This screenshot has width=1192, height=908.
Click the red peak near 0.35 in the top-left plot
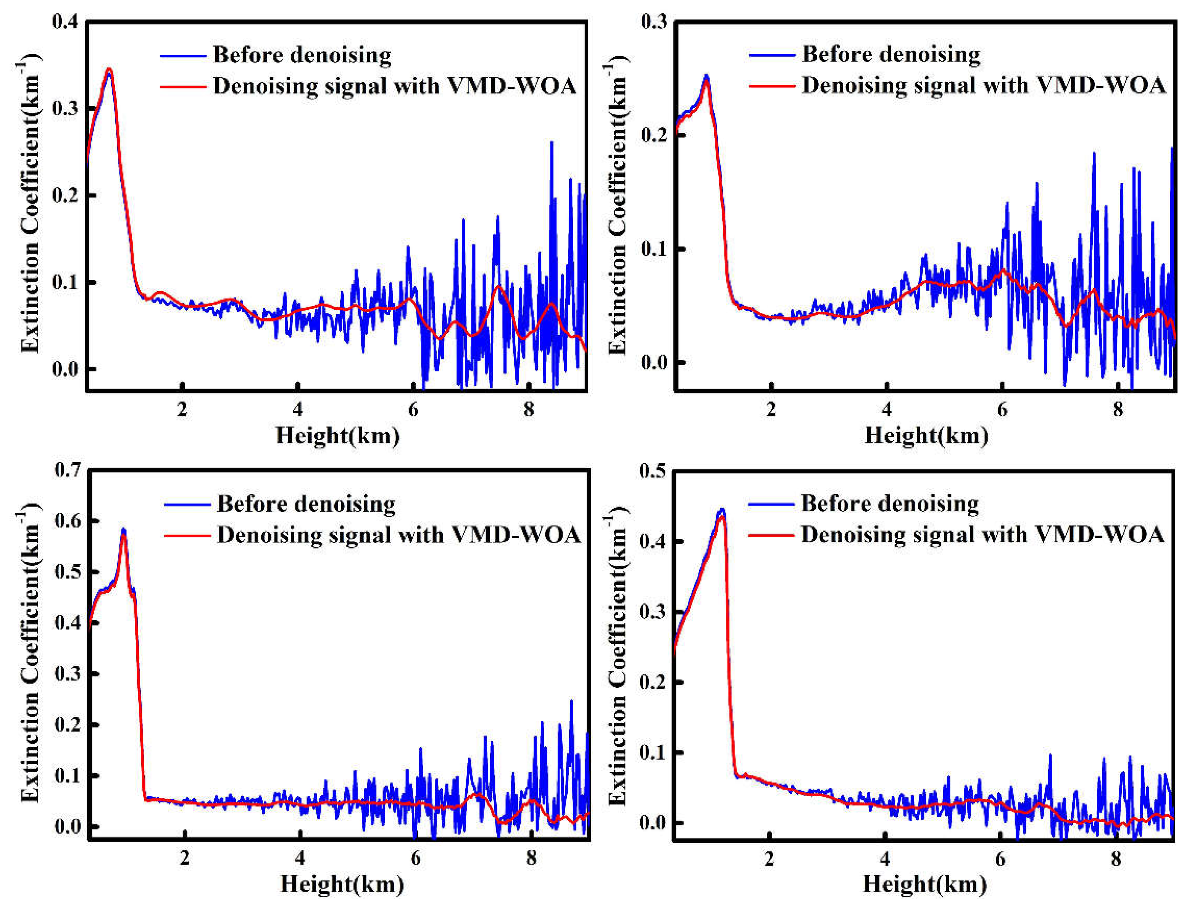(109, 69)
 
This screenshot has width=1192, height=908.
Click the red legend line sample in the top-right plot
(772, 86)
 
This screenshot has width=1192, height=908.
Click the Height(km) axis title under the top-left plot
(338, 435)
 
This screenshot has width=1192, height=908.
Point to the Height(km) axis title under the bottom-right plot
(925, 884)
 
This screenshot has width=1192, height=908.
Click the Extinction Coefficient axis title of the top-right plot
(617, 205)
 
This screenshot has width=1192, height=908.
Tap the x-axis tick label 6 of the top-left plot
(413, 410)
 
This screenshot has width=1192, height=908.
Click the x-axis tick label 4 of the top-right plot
(887, 410)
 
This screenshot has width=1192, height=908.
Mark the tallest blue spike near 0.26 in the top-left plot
(552, 143)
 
